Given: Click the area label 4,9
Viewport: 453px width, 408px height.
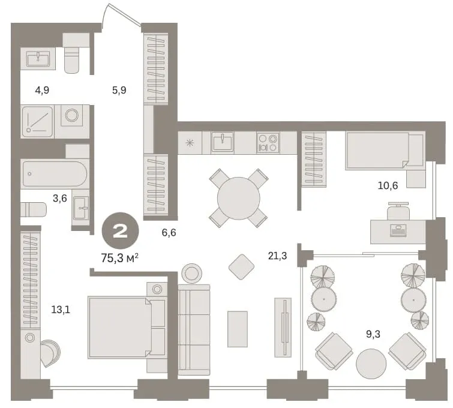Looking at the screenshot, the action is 42,90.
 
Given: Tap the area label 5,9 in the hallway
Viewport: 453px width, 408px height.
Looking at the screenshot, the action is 119,90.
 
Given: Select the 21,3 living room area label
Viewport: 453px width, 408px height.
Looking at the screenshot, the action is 278,256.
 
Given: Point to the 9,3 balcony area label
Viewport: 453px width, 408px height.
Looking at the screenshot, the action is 373,334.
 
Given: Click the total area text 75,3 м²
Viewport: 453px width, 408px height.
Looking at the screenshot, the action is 120,258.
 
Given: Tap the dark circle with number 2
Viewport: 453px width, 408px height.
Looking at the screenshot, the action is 121,230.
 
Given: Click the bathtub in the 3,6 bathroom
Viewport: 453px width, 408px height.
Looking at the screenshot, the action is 55,173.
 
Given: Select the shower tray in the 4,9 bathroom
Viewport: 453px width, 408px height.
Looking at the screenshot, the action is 38,122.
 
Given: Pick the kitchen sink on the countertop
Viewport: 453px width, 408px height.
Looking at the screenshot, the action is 223,142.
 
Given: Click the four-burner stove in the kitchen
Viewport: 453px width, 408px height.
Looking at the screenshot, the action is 268,142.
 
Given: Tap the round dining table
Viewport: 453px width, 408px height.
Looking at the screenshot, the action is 239,198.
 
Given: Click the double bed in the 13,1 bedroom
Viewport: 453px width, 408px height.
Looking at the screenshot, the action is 127,328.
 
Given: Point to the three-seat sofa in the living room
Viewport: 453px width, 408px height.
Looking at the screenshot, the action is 194,329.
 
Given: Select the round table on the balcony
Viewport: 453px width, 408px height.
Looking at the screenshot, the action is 371,363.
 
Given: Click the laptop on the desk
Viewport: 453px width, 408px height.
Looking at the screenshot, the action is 398,230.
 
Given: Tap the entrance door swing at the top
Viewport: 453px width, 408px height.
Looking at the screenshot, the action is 121,14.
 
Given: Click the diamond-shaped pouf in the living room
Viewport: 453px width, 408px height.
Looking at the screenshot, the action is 242,267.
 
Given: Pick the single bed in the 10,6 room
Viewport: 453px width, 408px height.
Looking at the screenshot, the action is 385,150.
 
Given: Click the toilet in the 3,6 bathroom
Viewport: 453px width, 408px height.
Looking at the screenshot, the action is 34,209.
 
